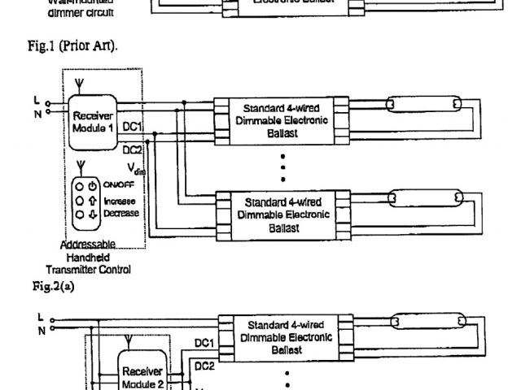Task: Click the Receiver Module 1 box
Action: [x=92, y=123]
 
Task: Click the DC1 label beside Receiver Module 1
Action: [x=133, y=127]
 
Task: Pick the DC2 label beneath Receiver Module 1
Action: [x=133, y=149]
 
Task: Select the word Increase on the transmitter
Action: [x=119, y=200]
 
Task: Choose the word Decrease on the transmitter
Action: [x=120, y=213]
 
